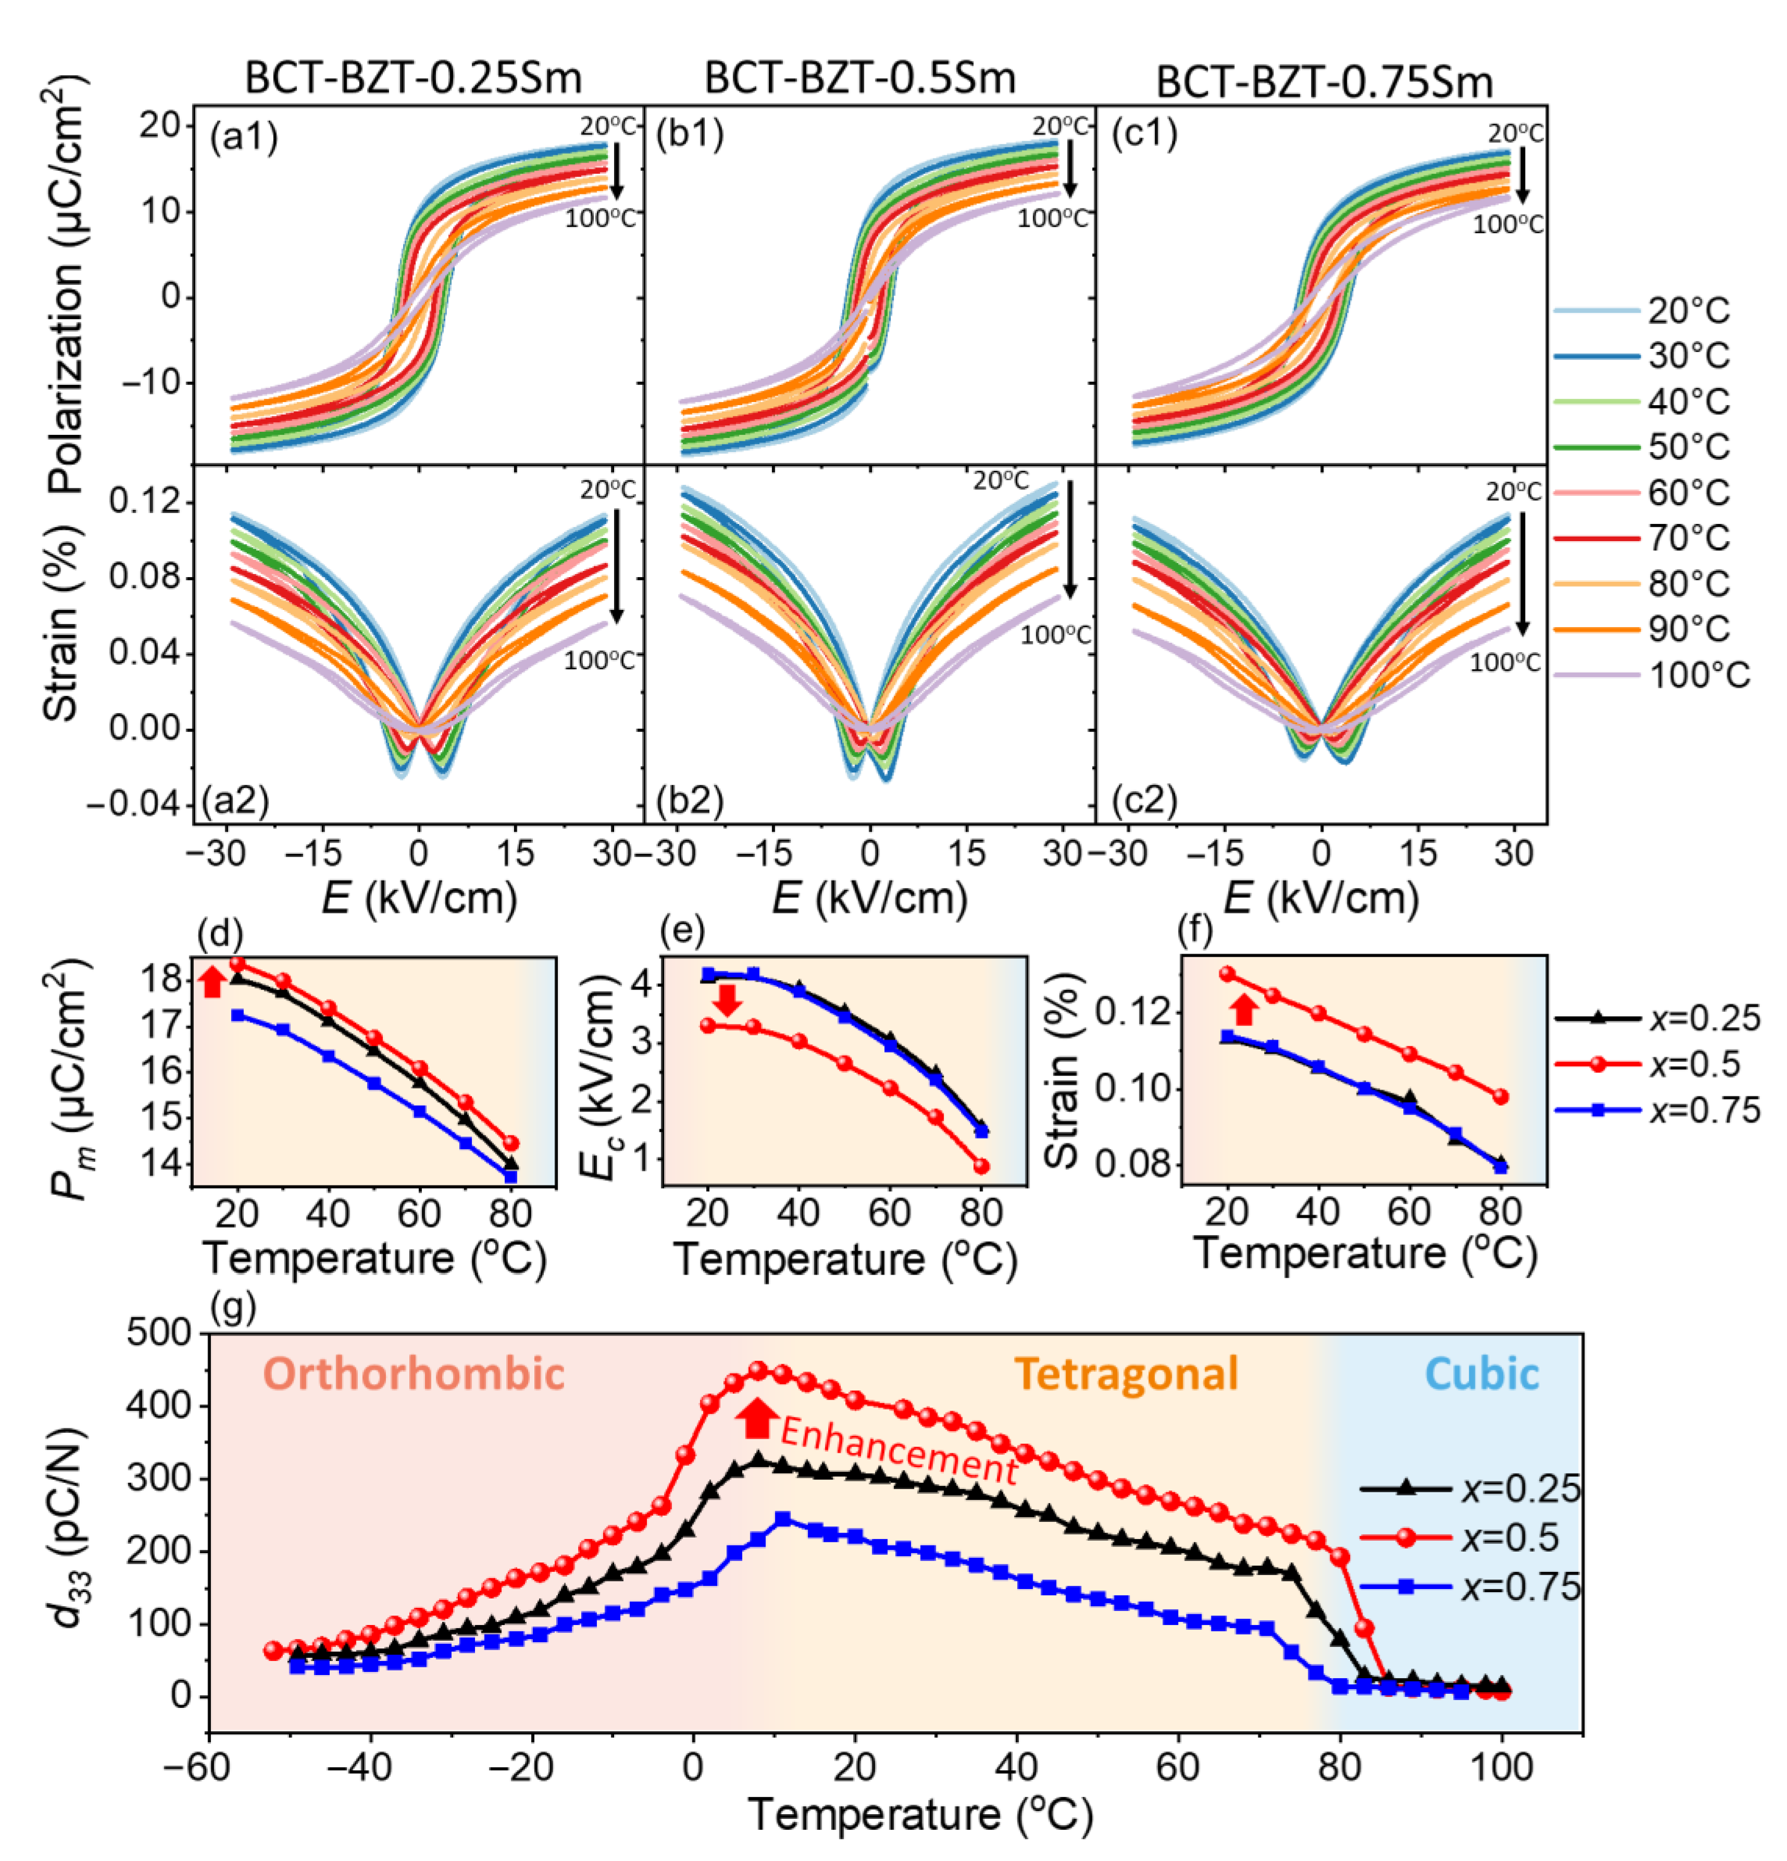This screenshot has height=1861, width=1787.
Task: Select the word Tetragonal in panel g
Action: tap(1126, 1374)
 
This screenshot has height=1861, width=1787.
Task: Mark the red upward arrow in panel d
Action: tap(212, 981)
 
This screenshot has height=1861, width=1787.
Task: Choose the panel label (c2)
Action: tap(1144, 802)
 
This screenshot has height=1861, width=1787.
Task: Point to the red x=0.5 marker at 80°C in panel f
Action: tap(1500, 1097)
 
